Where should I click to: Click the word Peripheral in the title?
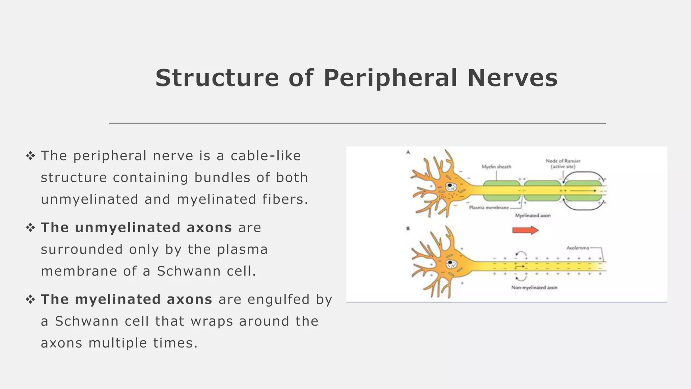point(390,78)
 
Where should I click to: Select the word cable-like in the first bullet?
point(266,156)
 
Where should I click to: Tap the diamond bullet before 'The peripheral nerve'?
point(30,156)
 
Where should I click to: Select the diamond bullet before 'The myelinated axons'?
point(30,300)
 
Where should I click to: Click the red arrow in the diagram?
point(525,230)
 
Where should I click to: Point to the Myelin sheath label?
point(496,167)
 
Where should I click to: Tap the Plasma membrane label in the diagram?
point(489,208)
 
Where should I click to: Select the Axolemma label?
point(578,248)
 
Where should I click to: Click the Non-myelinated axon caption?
point(534,288)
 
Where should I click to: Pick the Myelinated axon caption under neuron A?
point(532,215)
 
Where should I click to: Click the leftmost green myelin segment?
point(501,191)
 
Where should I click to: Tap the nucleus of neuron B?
point(450,264)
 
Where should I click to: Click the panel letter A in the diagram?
point(408,152)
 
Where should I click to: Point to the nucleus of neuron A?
point(450,186)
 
